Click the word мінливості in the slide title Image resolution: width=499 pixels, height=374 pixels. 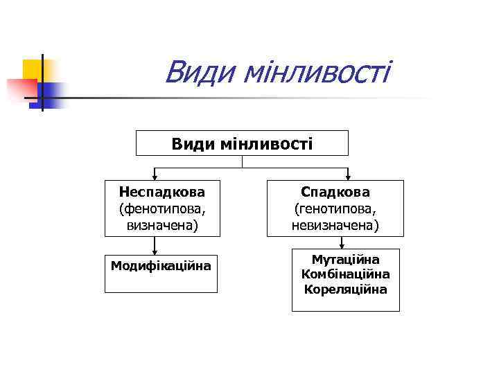pyautogui.click(x=316, y=72)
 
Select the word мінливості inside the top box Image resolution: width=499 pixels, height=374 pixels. pyautogui.click(x=266, y=144)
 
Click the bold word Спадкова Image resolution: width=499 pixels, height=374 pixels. pyautogui.click(x=335, y=191)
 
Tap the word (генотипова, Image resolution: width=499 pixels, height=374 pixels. pyautogui.click(x=335, y=208)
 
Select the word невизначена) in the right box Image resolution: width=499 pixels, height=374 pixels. pyautogui.click(x=335, y=226)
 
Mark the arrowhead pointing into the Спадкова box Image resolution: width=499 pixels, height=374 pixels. pyautogui.click(x=347, y=176)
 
